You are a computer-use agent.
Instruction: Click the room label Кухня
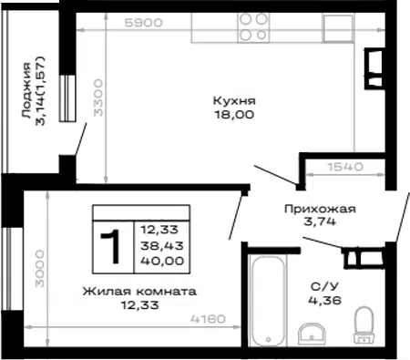(x=234, y=100)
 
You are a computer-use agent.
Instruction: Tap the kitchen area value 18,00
(x=234, y=115)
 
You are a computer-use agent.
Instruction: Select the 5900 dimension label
(x=143, y=23)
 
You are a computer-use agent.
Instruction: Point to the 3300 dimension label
(x=98, y=98)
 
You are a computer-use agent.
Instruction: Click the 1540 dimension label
(x=345, y=167)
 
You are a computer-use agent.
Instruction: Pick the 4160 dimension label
(x=209, y=319)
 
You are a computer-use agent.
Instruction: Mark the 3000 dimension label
(x=39, y=269)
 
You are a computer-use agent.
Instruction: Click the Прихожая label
(x=320, y=209)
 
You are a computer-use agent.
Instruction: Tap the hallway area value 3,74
(x=320, y=221)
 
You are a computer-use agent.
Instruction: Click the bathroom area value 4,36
(x=324, y=301)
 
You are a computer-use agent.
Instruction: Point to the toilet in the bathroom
(x=364, y=325)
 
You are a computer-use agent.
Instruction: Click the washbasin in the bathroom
(x=312, y=334)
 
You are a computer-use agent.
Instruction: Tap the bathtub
(x=268, y=301)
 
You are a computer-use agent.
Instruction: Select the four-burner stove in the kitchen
(x=253, y=27)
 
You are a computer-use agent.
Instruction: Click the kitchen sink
(x=338, y=28)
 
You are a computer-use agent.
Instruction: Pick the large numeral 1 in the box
(x=111, y=247)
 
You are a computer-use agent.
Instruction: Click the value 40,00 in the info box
(x=162, y=261)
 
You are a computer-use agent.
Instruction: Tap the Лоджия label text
(x=26, y=90)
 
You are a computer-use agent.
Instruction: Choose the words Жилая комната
(x=139, y=292)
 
